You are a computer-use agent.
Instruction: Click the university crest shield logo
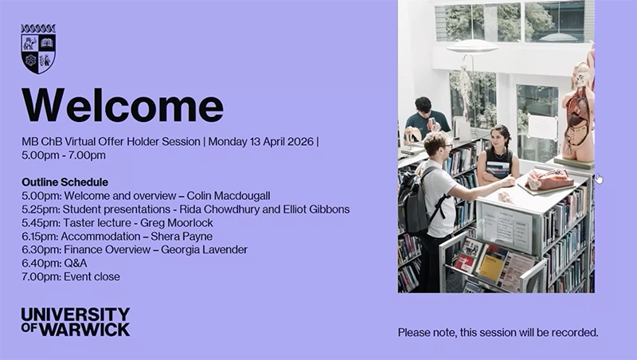(38, 49)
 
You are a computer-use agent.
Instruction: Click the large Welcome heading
(123, 105)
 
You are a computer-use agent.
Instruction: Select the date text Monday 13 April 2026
(261, 142)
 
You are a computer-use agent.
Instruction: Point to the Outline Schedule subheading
(65, 182)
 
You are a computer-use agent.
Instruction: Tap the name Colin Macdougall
(229, 196)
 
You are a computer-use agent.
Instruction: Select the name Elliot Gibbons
(315, 209)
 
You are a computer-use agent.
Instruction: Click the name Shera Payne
(182, 236)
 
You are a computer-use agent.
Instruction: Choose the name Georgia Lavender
(204, 249)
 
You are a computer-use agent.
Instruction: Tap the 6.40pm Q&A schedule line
(54, 264)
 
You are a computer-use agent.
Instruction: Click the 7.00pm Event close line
(71, 276)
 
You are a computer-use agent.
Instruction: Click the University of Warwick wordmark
(76, 322)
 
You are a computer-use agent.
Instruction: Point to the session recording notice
(498, 332)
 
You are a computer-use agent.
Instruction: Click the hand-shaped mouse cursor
(599, 178)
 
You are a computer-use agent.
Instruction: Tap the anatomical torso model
(579, 112)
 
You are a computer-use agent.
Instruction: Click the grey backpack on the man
(413, 202)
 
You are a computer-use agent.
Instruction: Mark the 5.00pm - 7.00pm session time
(64, 155)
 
